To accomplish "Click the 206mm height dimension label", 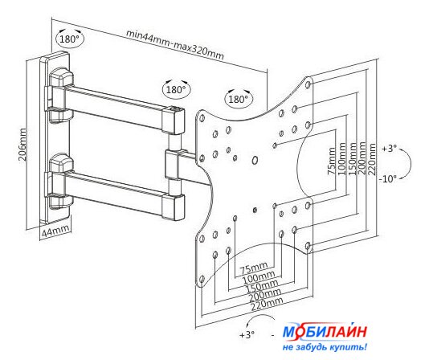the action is click(23, 145).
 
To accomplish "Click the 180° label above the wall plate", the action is click(70, 39).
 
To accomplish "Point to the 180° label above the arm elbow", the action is click(176, 89).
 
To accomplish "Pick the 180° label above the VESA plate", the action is click(239, 99).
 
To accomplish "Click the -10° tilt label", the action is click(387, 179).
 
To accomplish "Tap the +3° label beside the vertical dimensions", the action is click(389, 149).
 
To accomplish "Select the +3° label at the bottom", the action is click(247, 334).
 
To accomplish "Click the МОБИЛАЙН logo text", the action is click(325, 332).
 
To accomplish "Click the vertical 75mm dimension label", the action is click(332, 161).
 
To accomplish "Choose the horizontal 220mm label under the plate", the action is click(267, 305).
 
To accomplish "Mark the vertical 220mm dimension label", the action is click(372, 159).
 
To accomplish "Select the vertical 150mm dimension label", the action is click(353, 159).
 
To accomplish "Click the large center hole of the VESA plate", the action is click(255, 161).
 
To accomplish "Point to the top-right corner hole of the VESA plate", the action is click(308, 84).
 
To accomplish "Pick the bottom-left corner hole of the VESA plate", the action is click(202, 280).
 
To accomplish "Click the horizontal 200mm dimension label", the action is click(265, 295).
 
